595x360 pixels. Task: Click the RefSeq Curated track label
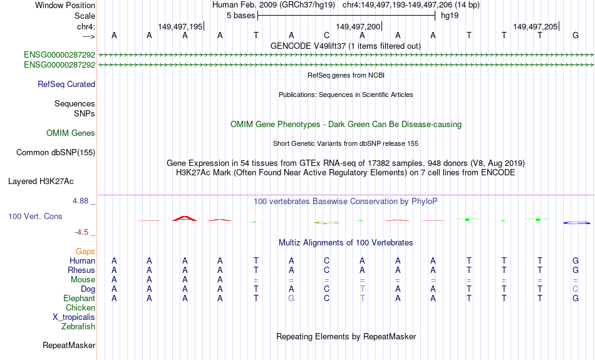click(x=66, y=85)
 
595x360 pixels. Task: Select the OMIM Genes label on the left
click(x=71, y=133)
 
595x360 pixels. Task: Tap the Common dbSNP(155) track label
click(x=56, y=153)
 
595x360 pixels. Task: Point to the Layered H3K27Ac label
click(x=41, y=182)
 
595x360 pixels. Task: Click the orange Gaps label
click(x=85, y=252)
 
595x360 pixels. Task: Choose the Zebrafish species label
click(x=78, y=327)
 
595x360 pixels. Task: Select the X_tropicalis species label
click(x=74, y=317)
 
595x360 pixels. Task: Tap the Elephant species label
click(x=80, y=299)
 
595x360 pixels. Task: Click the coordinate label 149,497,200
click(x=358, y=26)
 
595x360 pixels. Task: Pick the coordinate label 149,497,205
click(x=535, y=26)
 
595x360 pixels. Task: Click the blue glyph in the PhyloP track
click(x=576, y=223)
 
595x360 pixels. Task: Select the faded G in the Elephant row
click(x=291, y=299)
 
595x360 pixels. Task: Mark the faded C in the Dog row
click(x=576, y=289)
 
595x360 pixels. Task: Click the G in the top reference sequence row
click(x=576, y=35)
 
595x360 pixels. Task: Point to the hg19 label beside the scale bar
click(x=450, y=16)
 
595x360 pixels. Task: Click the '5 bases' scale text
click(x=241, y=16)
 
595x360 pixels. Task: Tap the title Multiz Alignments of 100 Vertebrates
click(x=346, y=243)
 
